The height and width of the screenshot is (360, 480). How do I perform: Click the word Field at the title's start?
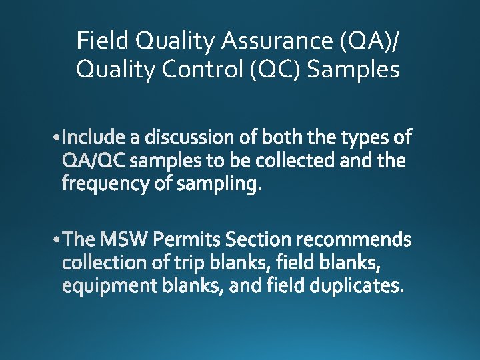[x=103, y=41]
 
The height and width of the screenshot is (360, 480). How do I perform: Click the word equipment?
[x=103, y=286]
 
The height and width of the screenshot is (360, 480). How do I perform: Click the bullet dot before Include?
[x=63, y=138]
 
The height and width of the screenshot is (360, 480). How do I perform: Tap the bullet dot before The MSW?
[x=63, y=239]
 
